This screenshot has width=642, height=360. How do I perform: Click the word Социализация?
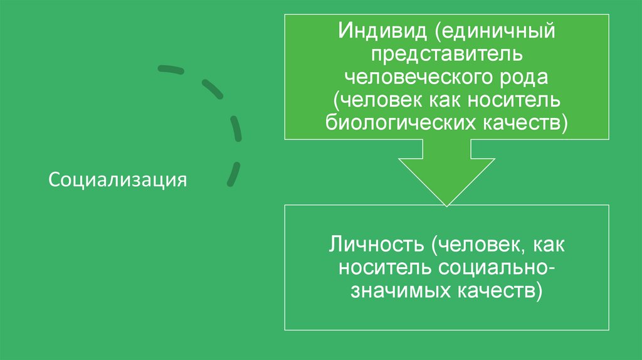(118, 180)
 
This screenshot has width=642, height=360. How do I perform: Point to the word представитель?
(446, 53)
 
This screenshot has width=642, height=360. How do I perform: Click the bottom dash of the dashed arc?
(233, 174)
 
